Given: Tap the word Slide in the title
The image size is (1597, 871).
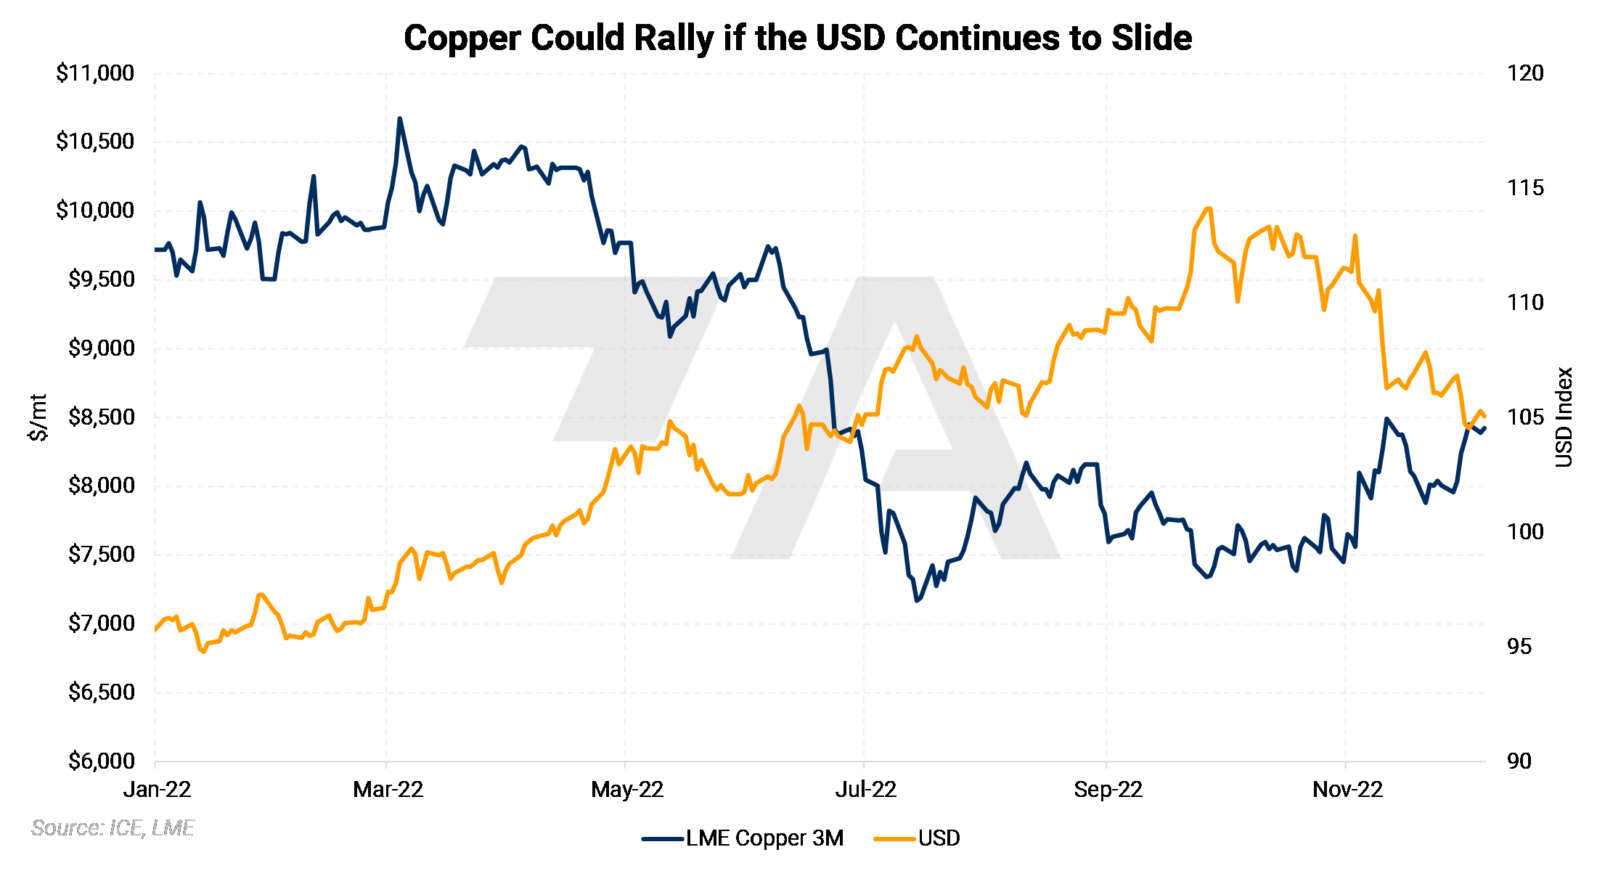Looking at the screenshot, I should tap(1151, 38).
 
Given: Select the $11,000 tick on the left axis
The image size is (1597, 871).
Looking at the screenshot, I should tap(95, 73).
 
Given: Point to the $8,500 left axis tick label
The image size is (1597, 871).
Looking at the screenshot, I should tap(101, 417).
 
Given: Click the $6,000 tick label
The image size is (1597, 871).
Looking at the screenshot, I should tap(101, 761).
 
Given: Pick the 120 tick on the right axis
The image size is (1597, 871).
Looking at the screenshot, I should tap(1525, 73).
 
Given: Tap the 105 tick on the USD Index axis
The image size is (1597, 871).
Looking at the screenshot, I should tap(1525, 417).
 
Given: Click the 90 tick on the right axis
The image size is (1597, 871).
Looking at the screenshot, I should tap(1519, 761).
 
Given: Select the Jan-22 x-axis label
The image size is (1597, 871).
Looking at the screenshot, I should tap(157, 789).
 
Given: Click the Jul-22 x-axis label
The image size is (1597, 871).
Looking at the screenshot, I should tap(865, 789).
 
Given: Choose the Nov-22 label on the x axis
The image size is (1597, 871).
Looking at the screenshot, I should tap(1347, 789).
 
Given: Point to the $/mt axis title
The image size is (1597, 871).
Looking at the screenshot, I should tap(38, 417).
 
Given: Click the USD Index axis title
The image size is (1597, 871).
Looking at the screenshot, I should tap(1564, 417).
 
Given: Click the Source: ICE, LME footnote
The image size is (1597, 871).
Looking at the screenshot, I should tap(113, 828).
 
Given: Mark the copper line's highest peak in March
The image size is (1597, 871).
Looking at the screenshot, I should tap(400, 118).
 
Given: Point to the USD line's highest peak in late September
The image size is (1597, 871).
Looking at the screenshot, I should tap(1207, 209).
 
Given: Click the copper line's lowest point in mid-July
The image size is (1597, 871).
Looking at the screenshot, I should tap(918, 600).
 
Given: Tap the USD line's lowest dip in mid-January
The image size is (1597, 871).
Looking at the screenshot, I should tap(203, 651).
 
